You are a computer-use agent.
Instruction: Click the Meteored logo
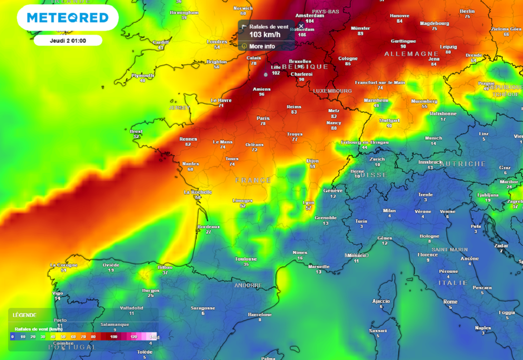pos(67,18)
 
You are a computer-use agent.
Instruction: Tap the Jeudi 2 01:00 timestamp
pos(68,40)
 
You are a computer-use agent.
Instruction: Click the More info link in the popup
pos(261,46)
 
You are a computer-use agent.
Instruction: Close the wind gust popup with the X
pos(301,26)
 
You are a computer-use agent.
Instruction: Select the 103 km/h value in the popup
pos(265,35)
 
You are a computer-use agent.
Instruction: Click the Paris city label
pos(263,118)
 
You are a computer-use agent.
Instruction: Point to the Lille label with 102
pos(276,67)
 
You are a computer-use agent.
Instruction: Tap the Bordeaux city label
pos(208,227)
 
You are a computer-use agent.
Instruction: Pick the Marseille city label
pos(319,267)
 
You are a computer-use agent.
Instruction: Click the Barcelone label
pos(259,315)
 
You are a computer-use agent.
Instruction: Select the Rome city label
pos(450,302)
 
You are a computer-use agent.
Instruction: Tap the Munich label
pos(433,138)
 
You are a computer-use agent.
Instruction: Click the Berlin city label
pos(467,11)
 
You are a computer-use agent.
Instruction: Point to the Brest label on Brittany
pos(136,131)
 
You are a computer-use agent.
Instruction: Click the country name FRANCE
pos(253,180)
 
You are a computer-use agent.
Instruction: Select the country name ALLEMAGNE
pos(411,54)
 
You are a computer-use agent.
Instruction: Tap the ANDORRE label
pos(248,285)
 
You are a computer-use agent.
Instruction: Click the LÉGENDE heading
pos(25,315)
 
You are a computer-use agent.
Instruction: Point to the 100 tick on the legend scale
pos(113,337)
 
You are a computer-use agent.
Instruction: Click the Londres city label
pos(217,42)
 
